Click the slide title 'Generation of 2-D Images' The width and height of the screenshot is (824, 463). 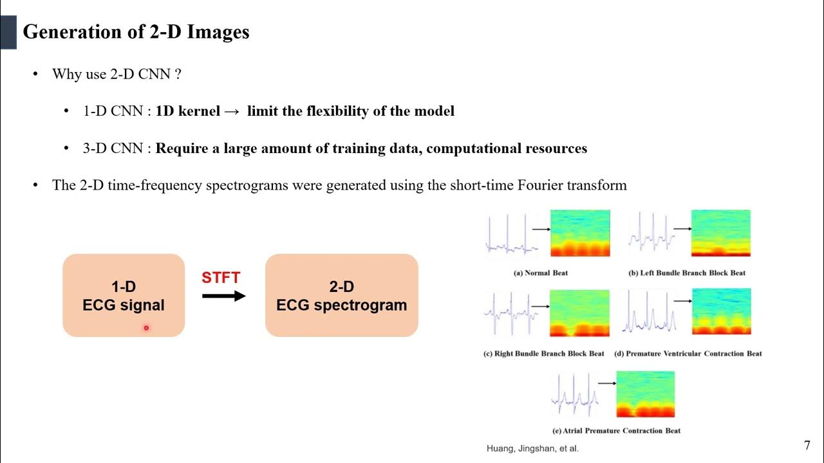point(136,32)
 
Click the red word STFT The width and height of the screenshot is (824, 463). point(221,278)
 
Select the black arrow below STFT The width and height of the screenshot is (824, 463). point(223,296)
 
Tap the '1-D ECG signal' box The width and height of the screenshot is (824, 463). point(124,296)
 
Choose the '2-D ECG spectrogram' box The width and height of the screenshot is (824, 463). point(341,296)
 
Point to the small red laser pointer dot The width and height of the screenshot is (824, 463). point(146,328)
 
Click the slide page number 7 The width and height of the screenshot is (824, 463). point(807,445)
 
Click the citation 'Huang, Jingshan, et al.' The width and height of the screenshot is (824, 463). point(532,449)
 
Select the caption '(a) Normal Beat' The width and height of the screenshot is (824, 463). point(540,273)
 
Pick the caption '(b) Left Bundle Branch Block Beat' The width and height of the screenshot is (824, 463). point(687,273)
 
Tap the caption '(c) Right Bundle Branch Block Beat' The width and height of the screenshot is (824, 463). point(544,354)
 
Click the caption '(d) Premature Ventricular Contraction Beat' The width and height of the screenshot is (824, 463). point(688,354)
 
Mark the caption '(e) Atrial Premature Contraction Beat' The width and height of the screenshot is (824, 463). point(616,430)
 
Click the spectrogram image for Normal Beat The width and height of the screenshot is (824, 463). point(579,233)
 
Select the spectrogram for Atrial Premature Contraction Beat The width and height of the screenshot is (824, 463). point(645,394)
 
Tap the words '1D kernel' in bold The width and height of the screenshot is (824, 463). point(187,111)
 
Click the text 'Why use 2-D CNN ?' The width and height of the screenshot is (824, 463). point(117,74)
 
